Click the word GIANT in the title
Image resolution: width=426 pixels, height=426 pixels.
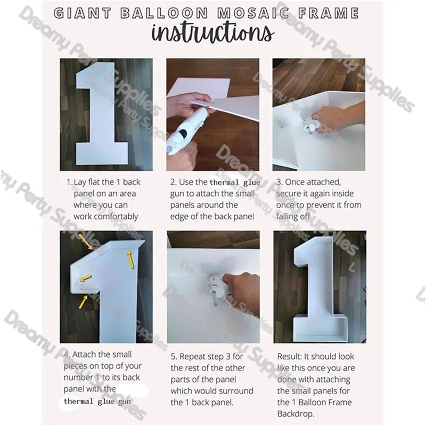pos(83,13)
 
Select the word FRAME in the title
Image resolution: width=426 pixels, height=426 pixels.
pos(329,13)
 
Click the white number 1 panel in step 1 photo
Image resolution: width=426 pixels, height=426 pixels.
pos(103,114)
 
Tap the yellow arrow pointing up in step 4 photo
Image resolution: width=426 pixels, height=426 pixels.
pos(130,260)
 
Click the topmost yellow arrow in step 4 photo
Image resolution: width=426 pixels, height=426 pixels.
pos(86,241)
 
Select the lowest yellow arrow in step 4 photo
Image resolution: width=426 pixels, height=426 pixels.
pos(83,302)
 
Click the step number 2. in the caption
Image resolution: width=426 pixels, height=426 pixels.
pos(174,182)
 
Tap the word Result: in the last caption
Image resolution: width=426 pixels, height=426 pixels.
pos(289,356)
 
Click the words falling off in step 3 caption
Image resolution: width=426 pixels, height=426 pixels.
pos(293,217)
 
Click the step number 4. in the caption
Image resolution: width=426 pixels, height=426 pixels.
pos(67,354)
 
